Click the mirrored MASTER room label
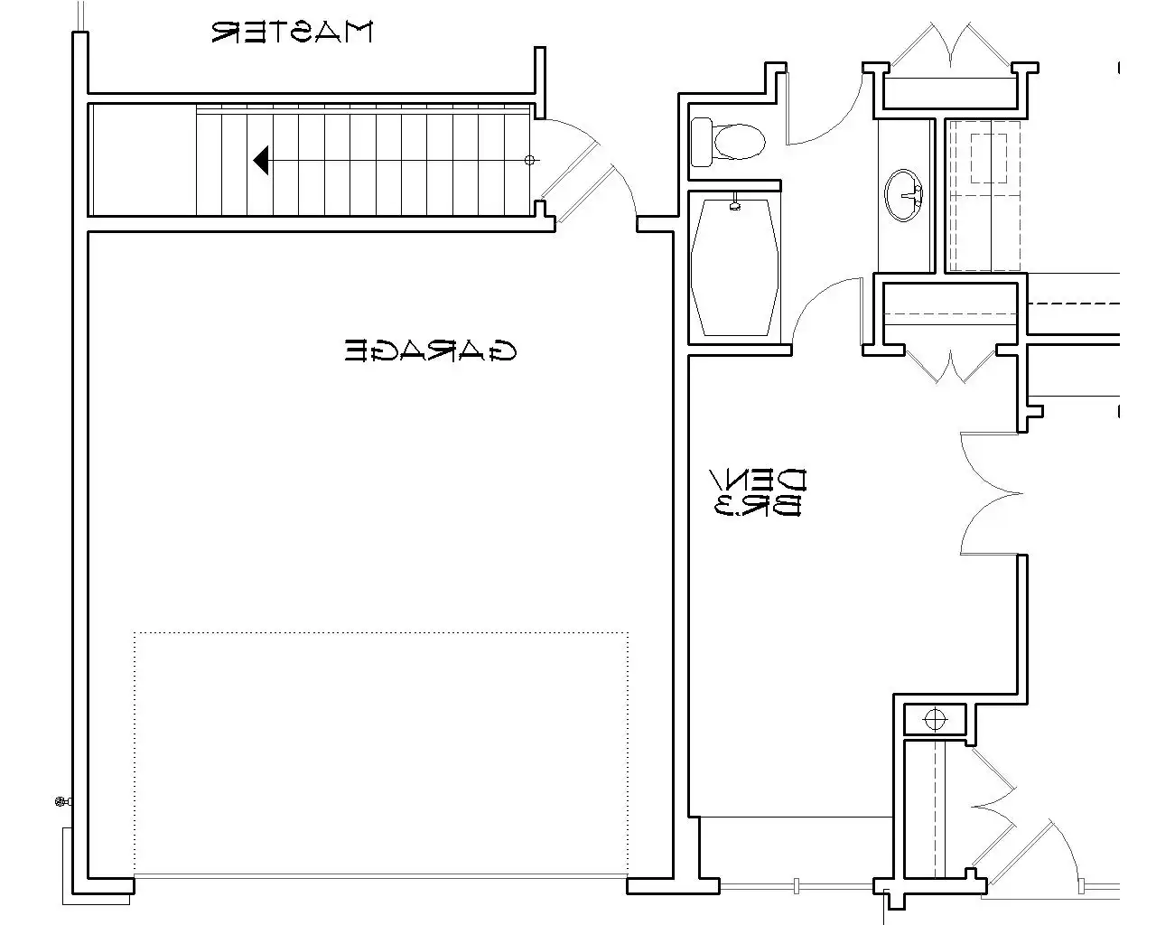pyautogui.click(x=292, y=32)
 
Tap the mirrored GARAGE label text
pyautogui.click(x=430, y=350)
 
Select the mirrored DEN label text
pyautogui.click(x=758, y=480)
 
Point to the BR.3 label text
pyautogui.click(x=758, y=505)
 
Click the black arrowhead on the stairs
pyautogui.click(x=261, y=160)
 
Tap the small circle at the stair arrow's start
pyautogui.click(x=529, y=160)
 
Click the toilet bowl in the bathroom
pyautogui.click(x=739, y=142)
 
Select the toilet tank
pyautogui.click(x=701, y=142)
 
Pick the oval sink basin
pyautogui.click(x=903, y=194)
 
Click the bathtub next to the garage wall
pyautogui.click(x=735, y=267)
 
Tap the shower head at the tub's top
pyautogui.click(x=735, y=204)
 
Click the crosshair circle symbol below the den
pyautogui.click(x=935, y=719)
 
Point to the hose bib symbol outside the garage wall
pyautogui.click(x=63, y=802)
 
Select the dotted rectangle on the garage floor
pyautogui.click(x=381, y=755)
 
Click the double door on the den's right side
pyautogui.click(x=991, y=493)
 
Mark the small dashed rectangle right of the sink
pyautogui.click(x=988, y=158)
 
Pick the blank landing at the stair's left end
pyautogui.click(x=144, y=160)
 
